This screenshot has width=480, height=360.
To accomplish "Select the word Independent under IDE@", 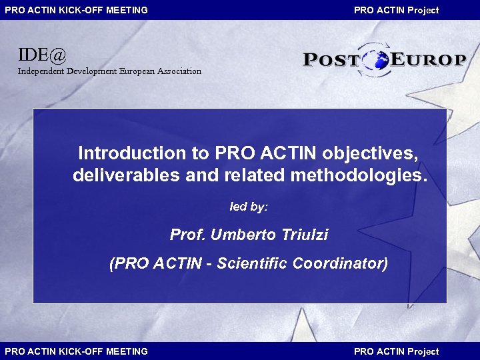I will pos(41,71).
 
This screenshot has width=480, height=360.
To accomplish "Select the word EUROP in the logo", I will pos(427,60).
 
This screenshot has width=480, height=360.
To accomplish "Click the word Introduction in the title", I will pos(133,153).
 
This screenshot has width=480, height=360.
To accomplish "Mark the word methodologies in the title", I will pos(357,175).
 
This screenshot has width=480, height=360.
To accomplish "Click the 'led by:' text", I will pos(249,207).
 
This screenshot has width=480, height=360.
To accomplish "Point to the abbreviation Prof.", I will pos(188,235).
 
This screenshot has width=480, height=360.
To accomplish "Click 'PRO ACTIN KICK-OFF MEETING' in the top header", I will pos(77,10).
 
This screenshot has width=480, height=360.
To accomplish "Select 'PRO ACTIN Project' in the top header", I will pos(396,10).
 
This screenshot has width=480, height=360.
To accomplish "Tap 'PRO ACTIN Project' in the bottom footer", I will pos(396,351).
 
